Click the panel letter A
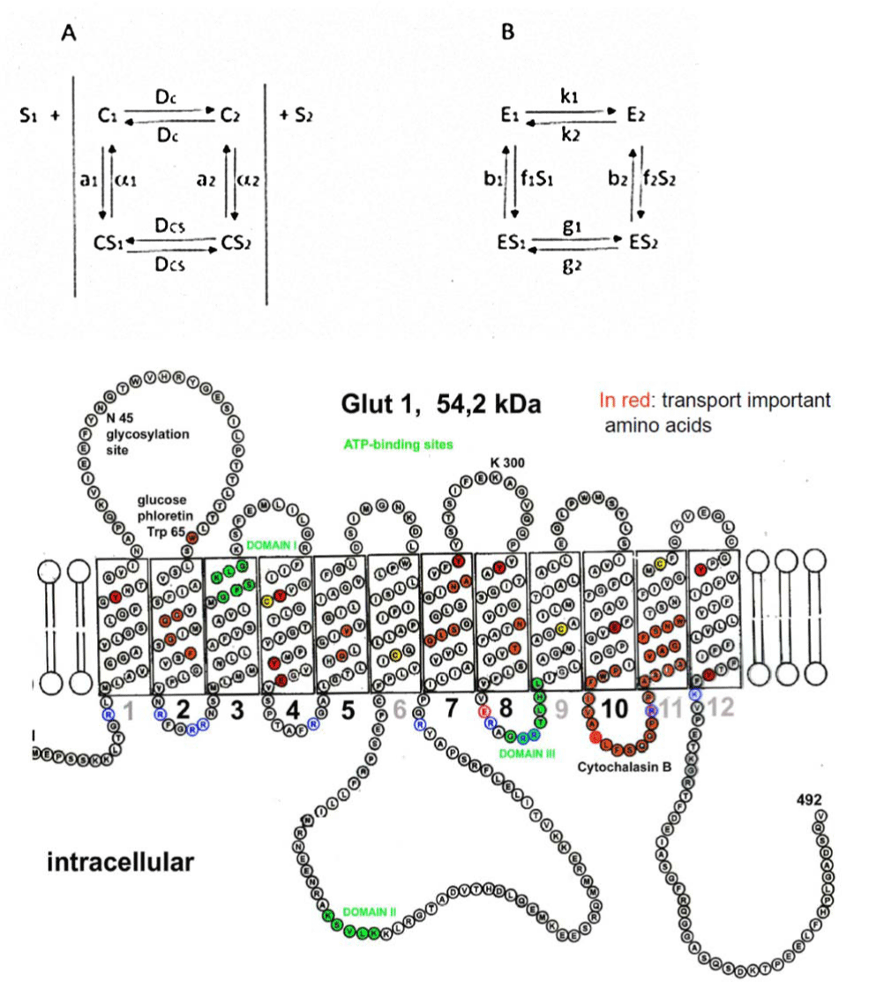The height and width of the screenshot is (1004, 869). [70, 34]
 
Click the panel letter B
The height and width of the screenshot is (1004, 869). [507, 33]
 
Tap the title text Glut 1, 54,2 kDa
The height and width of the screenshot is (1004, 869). [441, 404]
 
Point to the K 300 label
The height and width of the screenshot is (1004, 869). [507, 462]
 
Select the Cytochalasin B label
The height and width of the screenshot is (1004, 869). [626, 767]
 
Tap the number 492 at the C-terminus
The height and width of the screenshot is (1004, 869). [808, 799]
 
